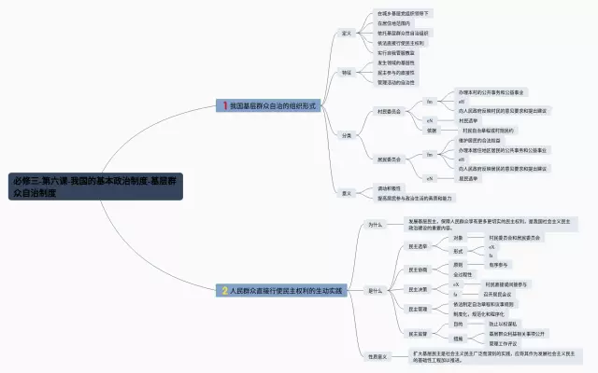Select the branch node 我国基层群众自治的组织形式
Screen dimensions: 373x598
tap(271, 106)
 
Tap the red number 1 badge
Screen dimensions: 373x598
tap(225, 106)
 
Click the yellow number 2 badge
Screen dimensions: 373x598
tap(225, 290)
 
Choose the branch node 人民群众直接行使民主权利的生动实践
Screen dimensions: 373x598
tap(286, 290)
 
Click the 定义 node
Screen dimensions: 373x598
tap(346, 33)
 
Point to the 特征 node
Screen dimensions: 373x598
tap(346, 72)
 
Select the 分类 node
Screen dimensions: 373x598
tap(346, 136)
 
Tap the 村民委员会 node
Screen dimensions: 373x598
tap(389, 111)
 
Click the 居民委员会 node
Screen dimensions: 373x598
tap(389, 159)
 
